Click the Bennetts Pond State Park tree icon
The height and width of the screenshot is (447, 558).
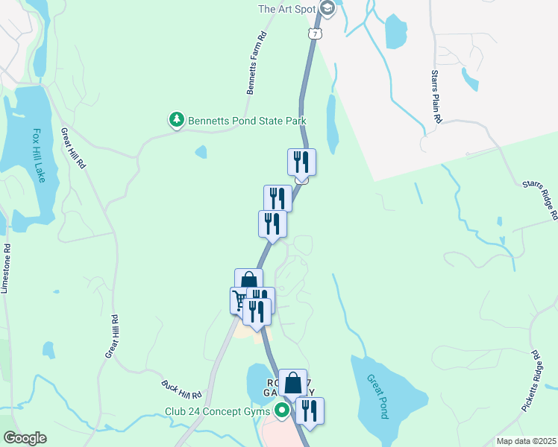(176, 120)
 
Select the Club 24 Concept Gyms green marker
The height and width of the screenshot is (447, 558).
(281, 410)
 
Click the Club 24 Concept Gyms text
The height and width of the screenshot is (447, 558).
(219, 410)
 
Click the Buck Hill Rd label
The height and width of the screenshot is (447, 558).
(182, 390)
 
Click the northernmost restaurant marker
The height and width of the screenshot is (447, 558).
(301, 161)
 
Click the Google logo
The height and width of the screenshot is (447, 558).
(25, 438)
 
